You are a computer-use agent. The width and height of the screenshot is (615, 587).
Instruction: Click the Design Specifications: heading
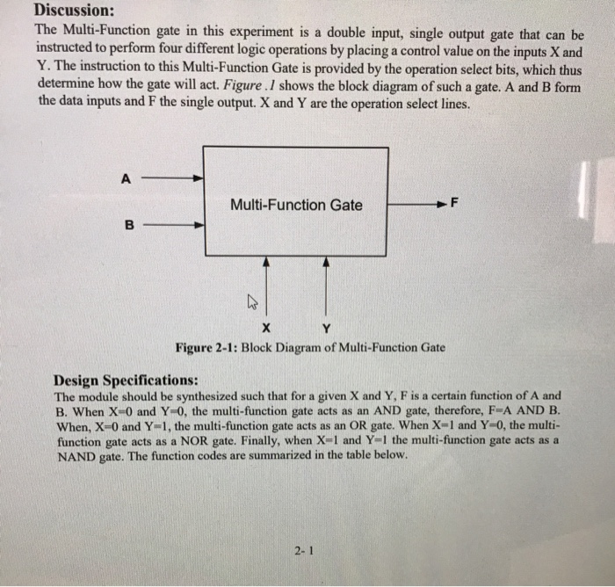(x=126, y=380)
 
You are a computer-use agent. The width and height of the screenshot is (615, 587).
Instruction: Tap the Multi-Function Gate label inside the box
(x=295, y=205)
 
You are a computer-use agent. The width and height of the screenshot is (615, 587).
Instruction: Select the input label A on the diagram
(x=127, y=178)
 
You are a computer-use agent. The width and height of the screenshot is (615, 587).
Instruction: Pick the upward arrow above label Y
(x=327, y=286)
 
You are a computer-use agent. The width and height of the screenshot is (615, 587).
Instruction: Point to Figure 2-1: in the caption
(x=207, y=347)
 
